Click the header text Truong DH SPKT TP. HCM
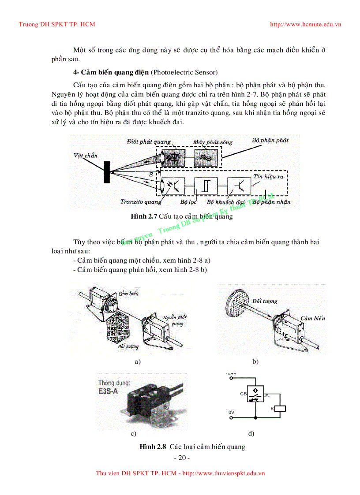pyautogui.click(x=57, y=24)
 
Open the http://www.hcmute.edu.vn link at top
pyautogui.click(x=305, y=24)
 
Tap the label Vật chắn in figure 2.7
pyautogui.click(x=86, y=155)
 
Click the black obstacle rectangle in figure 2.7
pyautogui.click(x=107, y=172)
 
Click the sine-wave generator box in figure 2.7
pyautogui.click(x=206, y=158)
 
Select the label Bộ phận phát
pyautogui.click(x=270, y=140)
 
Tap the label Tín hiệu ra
pyautogui.click(x=267, y=176)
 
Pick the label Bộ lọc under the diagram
pyautogui.click(x=188, y=202)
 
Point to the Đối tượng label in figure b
pyautogui.click(x=265, y=301)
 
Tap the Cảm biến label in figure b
pyautogui.click(x=313, y=318)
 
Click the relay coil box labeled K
pyautogui.click(x=280, y=409)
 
